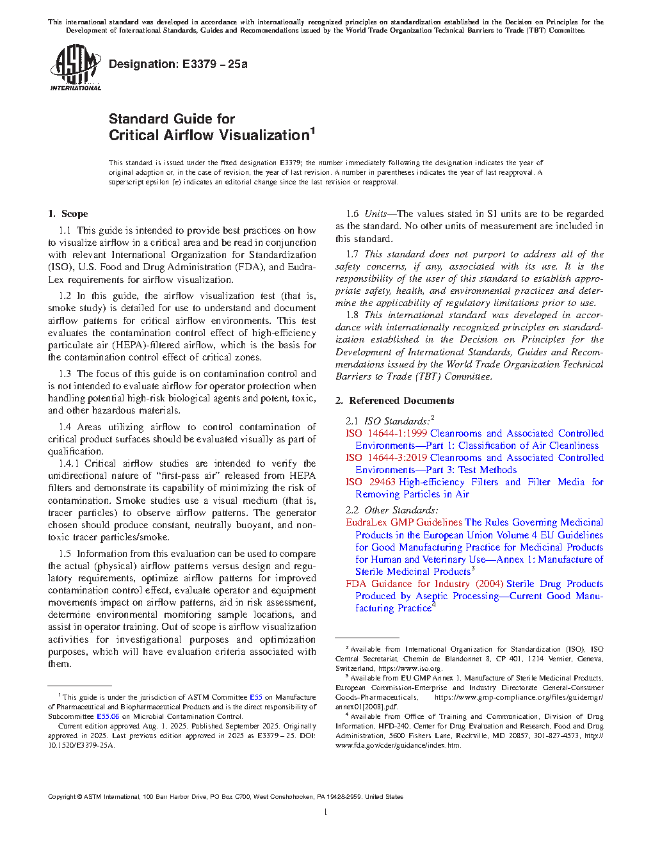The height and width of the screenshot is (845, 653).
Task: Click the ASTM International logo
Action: coord(75,67)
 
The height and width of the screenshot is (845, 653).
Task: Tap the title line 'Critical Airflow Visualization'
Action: coord(209,135)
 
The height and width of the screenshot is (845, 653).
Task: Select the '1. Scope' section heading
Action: coord(69,214)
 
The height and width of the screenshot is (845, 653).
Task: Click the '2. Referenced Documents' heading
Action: coord(395,401)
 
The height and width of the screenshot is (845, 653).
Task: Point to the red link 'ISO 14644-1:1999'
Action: coord(386,433)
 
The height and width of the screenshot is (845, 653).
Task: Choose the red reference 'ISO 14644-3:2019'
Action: coord(386,458)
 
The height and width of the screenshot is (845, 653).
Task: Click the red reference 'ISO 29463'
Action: coord(371,482)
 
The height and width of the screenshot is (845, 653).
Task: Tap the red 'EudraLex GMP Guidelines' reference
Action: coord(403,522)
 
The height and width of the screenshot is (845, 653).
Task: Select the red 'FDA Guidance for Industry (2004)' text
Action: coord(424,584)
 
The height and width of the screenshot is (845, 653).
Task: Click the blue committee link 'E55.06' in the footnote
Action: coord(108,716)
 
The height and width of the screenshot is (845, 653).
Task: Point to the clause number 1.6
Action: coord(353,214)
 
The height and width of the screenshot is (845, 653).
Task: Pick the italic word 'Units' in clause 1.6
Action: coord(376,214)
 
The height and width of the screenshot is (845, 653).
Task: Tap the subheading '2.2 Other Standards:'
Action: coord(392,510)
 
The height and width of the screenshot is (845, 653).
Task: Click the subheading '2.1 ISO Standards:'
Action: coord(387,421)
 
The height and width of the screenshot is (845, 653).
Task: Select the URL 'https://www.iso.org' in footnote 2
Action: coord(410,668)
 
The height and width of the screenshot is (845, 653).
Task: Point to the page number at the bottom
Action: coord(326,812)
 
